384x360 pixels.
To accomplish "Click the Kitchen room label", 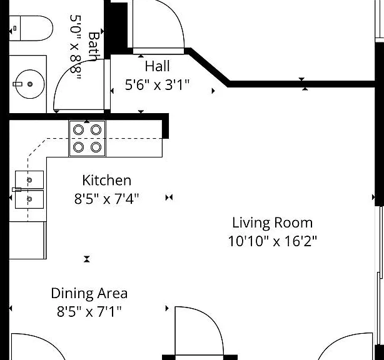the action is pyautogui.click(x=106, y=181).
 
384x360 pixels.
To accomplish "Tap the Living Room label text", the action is pyautogui.click(x=272, y=223).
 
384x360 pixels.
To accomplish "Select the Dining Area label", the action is pyautogui.click(x=89, y=293).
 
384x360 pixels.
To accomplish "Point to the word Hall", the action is pyautogui.click(x=157, y=66).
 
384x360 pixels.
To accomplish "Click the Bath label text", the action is pyautogui.click(x=94, y=46).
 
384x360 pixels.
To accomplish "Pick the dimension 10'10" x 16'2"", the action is pyautogui.click(x=272, y=241).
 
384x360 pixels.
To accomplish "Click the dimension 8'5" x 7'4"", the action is pyautogui.click(x=106, y=199).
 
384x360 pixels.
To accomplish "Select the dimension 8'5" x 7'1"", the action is pyautogui.click(x=89, y=311).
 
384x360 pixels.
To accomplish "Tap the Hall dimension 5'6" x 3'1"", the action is pyautogui.click(x=157, y=85).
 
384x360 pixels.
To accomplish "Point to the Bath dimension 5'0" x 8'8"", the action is pyautogui.click(x=76, y=47).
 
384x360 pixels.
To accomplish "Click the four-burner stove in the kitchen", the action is pyautogui.click(x=87, y=139).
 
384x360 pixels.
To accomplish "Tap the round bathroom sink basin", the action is pyautogui.click(x=30, y=84).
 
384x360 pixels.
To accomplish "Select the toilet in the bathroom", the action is pyautogui.click(x=31, y=28).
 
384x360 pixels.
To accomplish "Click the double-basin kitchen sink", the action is pyautogui.click(x=29, y=189).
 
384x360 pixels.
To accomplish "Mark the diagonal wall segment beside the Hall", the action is pyautogui.click(x=208, y=67).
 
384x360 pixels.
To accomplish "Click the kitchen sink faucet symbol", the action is pyautogui.click(x=17, y=189).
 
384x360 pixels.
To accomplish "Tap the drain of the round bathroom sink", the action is pyautogui.click(x=30, y=84).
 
